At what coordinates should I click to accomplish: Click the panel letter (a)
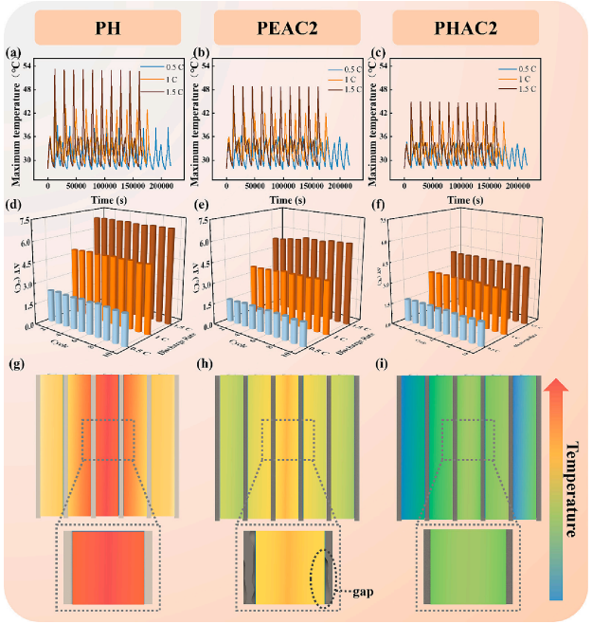(x=15, y=53)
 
